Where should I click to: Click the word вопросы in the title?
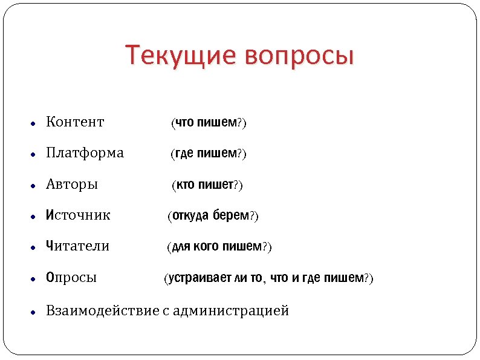point(299,56)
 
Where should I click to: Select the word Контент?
point(75,122)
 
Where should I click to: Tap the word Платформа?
point(85,153)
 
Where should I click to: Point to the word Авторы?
point(72,184)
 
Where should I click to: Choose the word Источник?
point(78,215)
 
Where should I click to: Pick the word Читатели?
point(77,246)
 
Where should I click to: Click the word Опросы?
point(71,278)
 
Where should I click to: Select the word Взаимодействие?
point(102,311)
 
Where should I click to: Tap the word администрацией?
point(231,311)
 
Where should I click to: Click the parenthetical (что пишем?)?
point(209,123)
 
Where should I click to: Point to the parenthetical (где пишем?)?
point(209,154)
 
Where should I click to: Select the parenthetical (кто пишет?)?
point(207,185)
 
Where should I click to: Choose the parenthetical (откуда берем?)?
point(213,216)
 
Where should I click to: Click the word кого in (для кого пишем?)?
point(207,247)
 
